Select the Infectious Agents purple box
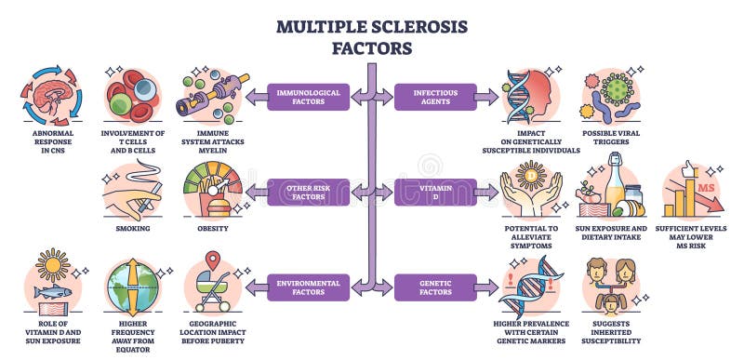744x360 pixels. point(433,97)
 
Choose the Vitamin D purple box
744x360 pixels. point(433,192)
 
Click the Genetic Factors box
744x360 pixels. point(433,287)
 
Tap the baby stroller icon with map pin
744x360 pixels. point(213,283)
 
